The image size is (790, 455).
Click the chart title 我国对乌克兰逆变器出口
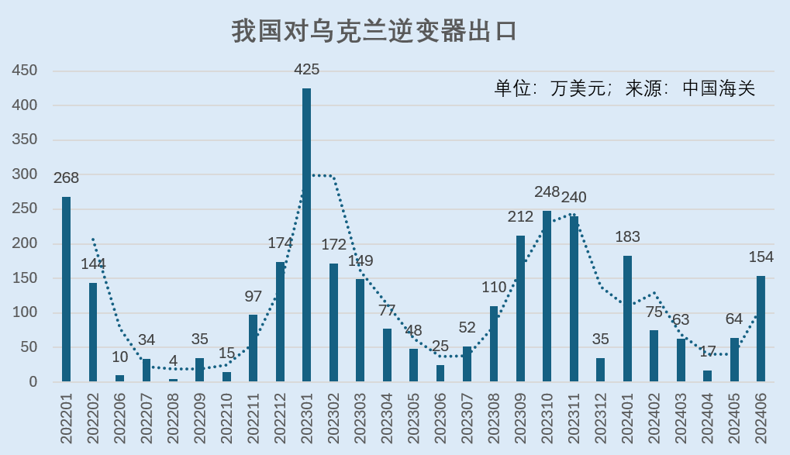point(374,32)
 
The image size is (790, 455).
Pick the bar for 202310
point(547,296)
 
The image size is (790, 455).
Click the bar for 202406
point(761,329)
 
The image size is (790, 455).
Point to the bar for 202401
point(627,319)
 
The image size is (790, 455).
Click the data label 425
point(307,70)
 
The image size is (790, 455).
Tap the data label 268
point(67,178)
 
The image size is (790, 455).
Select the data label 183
point(627,237)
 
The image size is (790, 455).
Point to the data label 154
point(761,257)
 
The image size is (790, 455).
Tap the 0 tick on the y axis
point(33,382)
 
